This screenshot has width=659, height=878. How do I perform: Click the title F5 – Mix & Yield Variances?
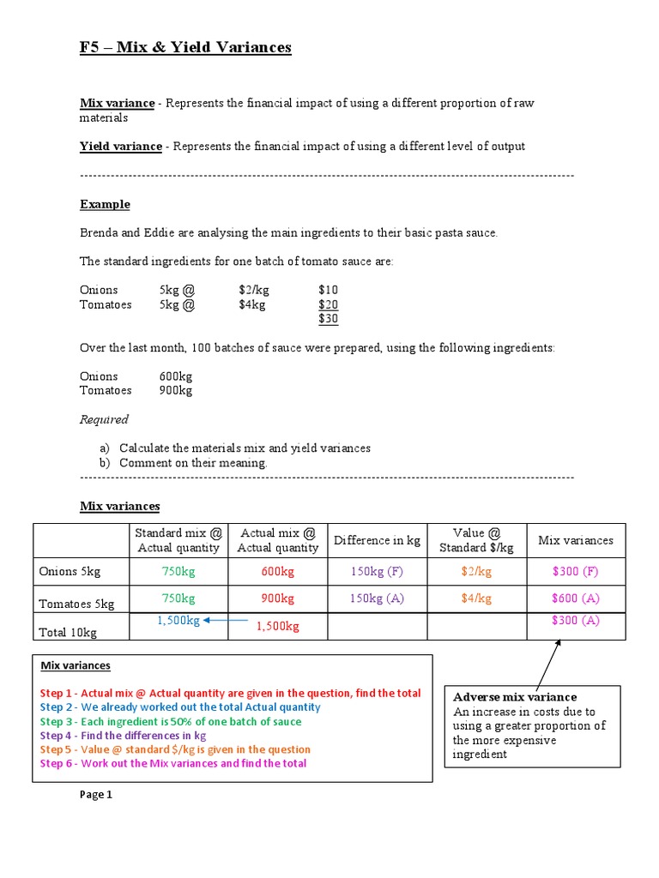tap(185, 48)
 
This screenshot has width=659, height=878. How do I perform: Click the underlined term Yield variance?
tap(120, 147)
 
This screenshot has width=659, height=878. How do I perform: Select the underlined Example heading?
tap(105, 204)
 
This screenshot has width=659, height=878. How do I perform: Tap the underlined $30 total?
tap(328, 319)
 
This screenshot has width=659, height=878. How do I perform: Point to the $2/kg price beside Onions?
tap(252, 291)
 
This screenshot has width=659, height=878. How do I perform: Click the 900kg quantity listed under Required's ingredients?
tap(175, 390)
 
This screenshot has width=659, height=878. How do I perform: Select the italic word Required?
tap(104, 419)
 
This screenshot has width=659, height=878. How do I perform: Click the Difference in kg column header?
tap(377, 540)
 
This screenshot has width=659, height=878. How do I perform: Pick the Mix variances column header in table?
tap(575, 540)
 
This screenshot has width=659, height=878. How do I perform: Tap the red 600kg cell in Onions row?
tap(277, 571)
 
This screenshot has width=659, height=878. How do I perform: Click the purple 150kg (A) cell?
tap(377, 598)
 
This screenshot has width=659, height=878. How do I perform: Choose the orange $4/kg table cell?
tap(476, 598)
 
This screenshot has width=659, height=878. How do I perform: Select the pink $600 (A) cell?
tap(575, 598)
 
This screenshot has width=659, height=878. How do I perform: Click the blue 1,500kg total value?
tap(178, 621)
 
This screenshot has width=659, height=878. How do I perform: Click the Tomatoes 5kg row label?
tap(77, 604)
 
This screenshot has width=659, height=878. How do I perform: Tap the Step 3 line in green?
tap(171, 721)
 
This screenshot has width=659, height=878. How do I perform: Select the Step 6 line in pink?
tap(172, 763)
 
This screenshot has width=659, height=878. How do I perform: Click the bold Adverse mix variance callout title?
tap(515, 697)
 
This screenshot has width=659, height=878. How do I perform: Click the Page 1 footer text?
tap(96, 795)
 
